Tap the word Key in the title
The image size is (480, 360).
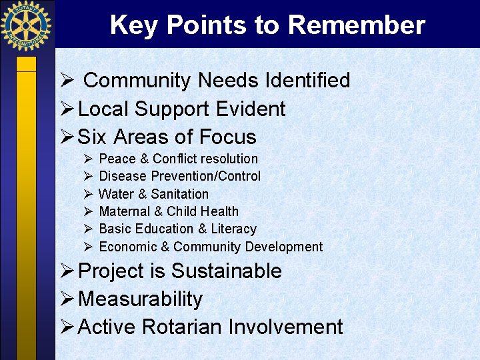(x=135, y=25)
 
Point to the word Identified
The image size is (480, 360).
(x=307, y=81)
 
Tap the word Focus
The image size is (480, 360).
(x=225, y=137)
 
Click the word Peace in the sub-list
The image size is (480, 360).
(x=117, y=159)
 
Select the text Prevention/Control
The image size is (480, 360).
(x=206, y=176)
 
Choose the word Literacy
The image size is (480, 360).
(x=233, y=229)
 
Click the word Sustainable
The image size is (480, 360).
(x=227, y=271)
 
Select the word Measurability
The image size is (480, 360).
(x=140, y=299)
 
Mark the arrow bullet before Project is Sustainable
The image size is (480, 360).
(x=67, y=271)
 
